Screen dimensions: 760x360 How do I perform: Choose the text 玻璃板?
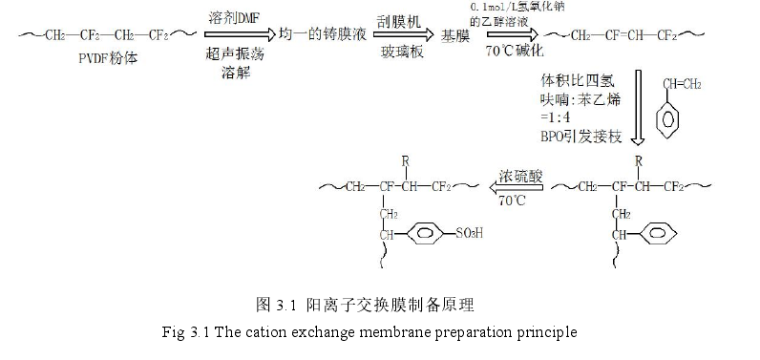(x=394, y=55)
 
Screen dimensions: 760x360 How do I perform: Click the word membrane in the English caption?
(x=393, y=333)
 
